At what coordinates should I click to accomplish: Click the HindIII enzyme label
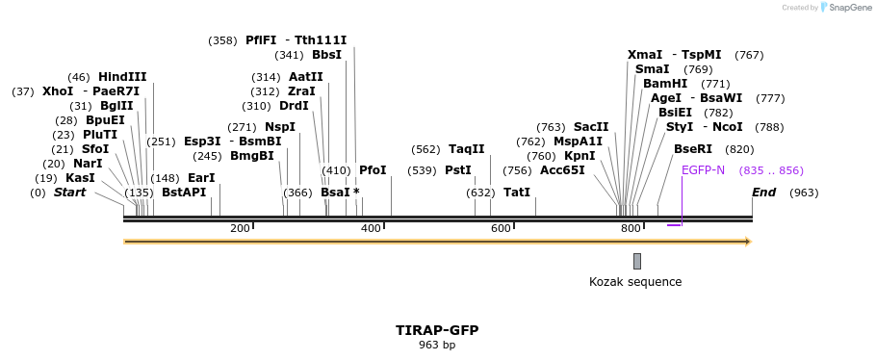pyautogui.click(x=122, y=77)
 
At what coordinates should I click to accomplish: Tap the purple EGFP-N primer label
pyautogui.click(x=703, y=170)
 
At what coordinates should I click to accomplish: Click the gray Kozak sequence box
pyautogui.click(x=637, y=261)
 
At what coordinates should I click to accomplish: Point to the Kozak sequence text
pyautogui.click(x=635, y=282)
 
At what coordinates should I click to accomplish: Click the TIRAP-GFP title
pyautogui.click(x=437, y=330)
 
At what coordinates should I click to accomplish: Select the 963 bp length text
pyautogui.click(x=437, y=345)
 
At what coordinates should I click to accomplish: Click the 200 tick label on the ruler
pyautogui.click(x=240, y=228)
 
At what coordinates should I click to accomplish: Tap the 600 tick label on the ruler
pyautogui.click(x=501, y=228)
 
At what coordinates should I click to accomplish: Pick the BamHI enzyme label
pyautogui.click(x=665, y=84)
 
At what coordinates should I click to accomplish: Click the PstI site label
pyautogui.click(x=458, y=170)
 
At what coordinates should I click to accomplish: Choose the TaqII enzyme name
pyautogui.click(x=467, y=149)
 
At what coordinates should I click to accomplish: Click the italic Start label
pyautogui.click(x=69, y=193)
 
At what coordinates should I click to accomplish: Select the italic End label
pyautogui.click(x=763, y=193)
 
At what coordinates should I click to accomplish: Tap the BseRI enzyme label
pyautogui.click(x=693, y=149)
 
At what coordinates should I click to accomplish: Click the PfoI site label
pyautogui.click(x=373, y=170)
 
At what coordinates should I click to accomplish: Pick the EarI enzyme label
pyautogui.click(x=201, y=178)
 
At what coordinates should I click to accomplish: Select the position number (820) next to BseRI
pyautogui.click(x=739, y=149)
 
